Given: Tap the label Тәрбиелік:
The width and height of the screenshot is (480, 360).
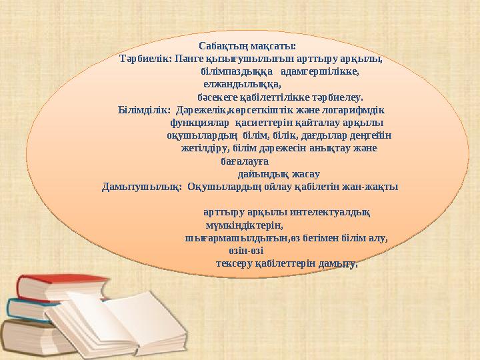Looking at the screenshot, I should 145,58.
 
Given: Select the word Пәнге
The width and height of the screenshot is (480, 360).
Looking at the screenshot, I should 189,58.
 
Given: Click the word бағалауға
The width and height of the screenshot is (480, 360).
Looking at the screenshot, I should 244,161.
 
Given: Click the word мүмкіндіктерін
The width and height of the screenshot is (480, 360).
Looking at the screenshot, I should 245,225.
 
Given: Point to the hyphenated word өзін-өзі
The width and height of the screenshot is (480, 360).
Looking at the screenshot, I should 245,251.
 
